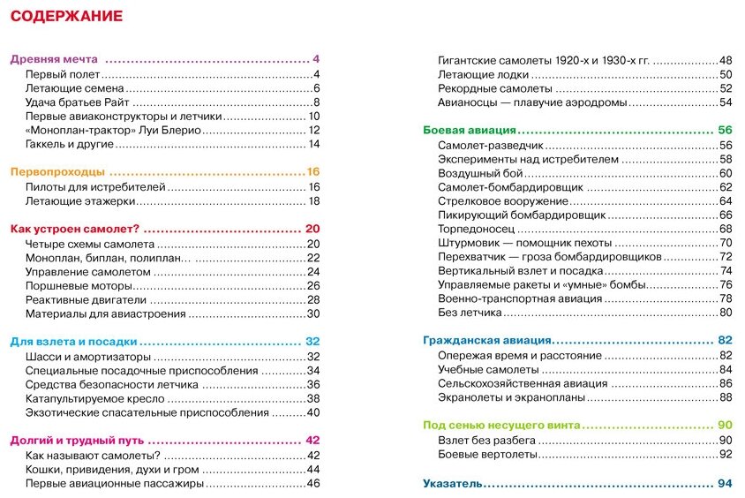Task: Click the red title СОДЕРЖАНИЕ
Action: tap(66, 16)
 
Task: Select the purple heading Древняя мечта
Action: tap(54, 59)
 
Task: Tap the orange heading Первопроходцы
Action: tap(57, 172)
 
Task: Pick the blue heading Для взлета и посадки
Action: tap(73, 342)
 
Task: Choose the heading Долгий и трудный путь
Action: tap(75, 441)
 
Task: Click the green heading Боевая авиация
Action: tap(473, 130)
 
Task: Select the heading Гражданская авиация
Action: tap(487, 340)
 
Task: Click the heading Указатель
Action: tap(453, 483)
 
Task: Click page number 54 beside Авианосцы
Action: tap(726, 102)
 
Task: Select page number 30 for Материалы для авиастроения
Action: tap(312, 313)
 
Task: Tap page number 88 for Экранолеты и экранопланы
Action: tap(726, 398)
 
